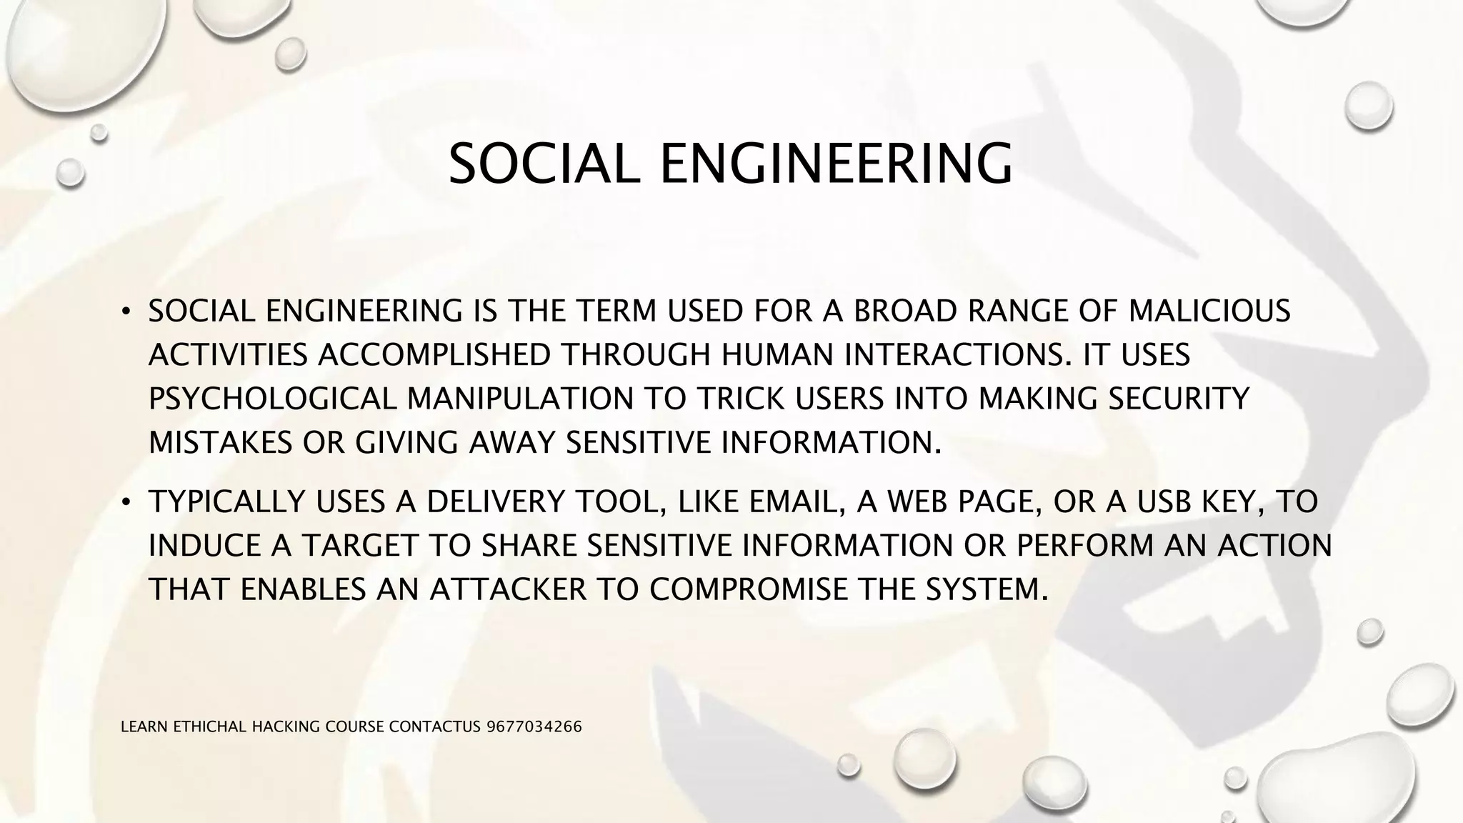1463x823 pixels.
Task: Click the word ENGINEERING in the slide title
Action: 836,164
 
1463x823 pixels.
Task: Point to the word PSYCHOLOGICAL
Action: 272,399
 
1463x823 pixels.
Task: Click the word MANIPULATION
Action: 520,399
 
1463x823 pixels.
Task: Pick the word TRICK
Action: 740,399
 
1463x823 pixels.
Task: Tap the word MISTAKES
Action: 220,443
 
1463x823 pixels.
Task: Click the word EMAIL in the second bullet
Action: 792,502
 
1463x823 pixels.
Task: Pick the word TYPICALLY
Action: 227,502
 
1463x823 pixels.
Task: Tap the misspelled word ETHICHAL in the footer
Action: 211,727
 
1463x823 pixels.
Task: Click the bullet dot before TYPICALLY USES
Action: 126,503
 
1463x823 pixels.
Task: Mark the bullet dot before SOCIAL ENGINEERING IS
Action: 126,312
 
